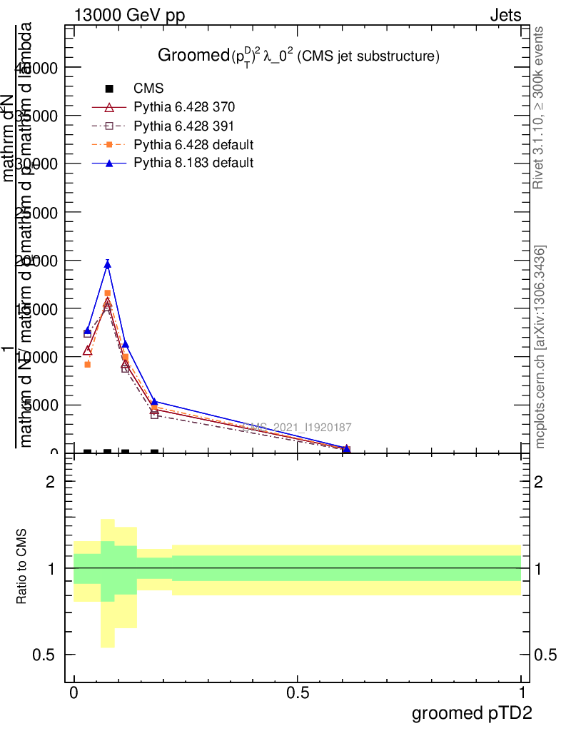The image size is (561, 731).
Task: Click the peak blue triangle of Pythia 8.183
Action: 107,265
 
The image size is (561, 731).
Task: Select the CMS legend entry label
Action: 148,89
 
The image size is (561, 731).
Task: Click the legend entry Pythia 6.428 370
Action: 184,107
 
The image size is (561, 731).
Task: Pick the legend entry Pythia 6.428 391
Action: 184,126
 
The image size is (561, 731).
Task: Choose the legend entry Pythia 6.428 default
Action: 193,144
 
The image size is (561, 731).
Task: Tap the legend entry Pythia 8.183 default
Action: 193,163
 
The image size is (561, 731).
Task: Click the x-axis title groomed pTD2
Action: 472,713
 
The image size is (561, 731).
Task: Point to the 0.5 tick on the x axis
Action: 297,693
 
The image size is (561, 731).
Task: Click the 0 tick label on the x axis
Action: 74,693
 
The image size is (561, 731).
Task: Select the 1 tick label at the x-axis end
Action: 521,693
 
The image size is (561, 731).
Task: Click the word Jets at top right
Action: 505,16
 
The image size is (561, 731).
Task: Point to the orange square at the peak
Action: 107,293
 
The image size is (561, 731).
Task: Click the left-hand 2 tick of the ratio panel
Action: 50,483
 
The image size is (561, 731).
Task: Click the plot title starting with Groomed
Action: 298,56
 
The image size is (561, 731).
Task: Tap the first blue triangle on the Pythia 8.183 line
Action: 87,331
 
